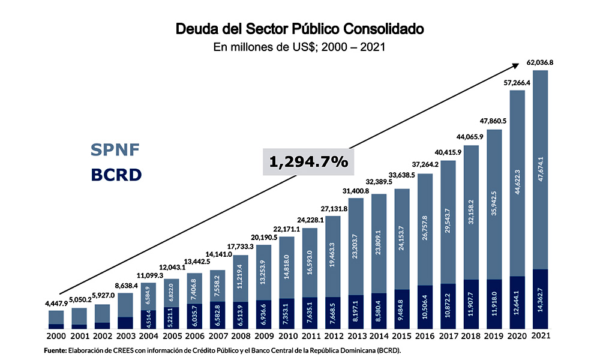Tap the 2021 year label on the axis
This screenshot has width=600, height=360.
click(540, 337)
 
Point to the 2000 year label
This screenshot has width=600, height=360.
click(56, 337)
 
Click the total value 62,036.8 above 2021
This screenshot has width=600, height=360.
click(540, 62)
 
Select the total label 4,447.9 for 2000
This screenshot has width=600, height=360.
click(56, 304)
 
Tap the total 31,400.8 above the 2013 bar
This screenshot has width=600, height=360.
click(356, 191)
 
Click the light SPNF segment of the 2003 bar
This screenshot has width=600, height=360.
click(125, 303)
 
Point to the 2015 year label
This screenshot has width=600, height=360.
click(402, 337)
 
